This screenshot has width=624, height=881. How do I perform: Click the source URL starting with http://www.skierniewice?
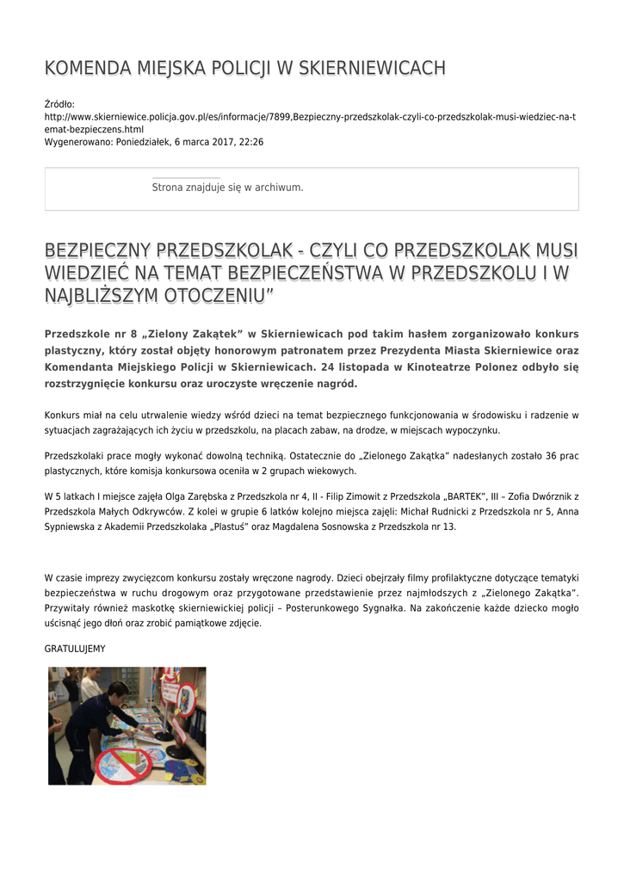310,116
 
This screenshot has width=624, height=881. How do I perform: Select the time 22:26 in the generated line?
252,142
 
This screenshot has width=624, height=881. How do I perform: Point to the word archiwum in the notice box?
283,187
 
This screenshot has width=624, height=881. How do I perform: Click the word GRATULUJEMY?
75,648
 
